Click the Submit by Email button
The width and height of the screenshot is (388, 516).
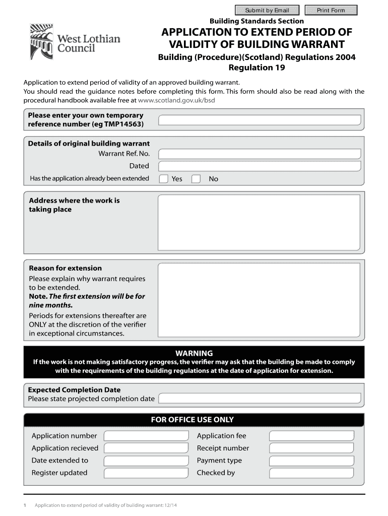(x=267, y=10)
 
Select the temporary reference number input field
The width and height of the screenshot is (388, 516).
(x=260, y=120)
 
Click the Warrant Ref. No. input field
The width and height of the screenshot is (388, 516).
(x=260, y=154)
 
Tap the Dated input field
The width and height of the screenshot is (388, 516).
(x=260, y=166)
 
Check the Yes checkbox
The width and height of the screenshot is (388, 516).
(x=164, y=179)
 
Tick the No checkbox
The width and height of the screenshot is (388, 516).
(x=196, y=179)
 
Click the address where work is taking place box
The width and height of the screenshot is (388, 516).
(x=260, y=223)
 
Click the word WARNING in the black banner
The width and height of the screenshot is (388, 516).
(x=194, y=353)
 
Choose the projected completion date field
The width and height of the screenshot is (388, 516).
(x=260, y=399)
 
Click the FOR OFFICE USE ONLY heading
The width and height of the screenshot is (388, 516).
(x=192, y=420)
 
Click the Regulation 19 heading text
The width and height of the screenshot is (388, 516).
(x=257, y=68)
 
